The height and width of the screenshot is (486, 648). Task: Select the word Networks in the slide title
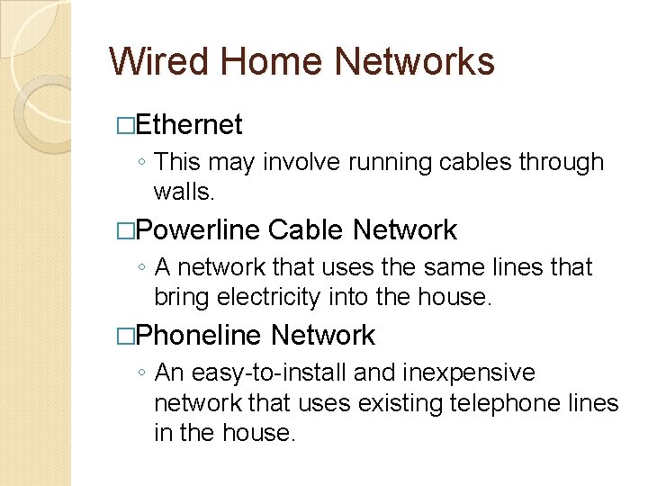coord(415,62)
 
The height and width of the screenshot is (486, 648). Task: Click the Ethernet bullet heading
coord(189,124)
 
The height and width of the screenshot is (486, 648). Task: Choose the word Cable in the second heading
coord(306,230)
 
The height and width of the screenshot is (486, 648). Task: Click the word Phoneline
coord(199,336)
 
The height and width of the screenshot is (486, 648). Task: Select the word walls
coord(184,192)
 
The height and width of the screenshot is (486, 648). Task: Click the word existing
coord(402,402)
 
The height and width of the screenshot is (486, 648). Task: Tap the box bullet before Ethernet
coord(125,125)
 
